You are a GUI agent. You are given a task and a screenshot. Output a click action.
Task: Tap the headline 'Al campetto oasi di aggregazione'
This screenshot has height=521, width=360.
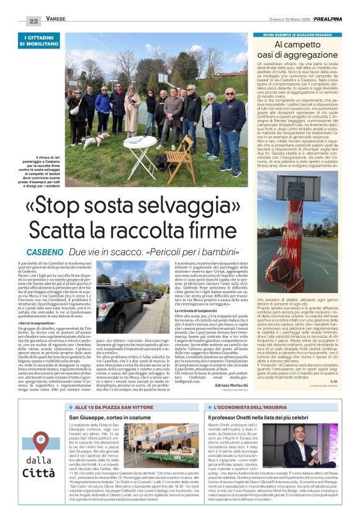point(297,50)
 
